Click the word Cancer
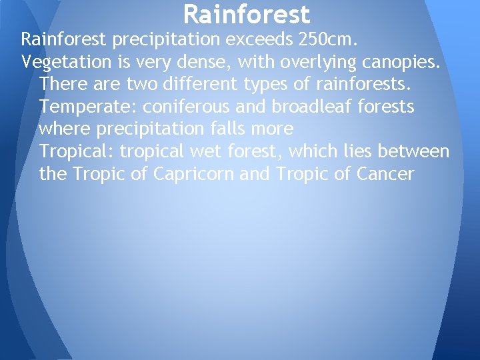(x=386, y=174)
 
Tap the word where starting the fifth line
(x=63, y=129)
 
